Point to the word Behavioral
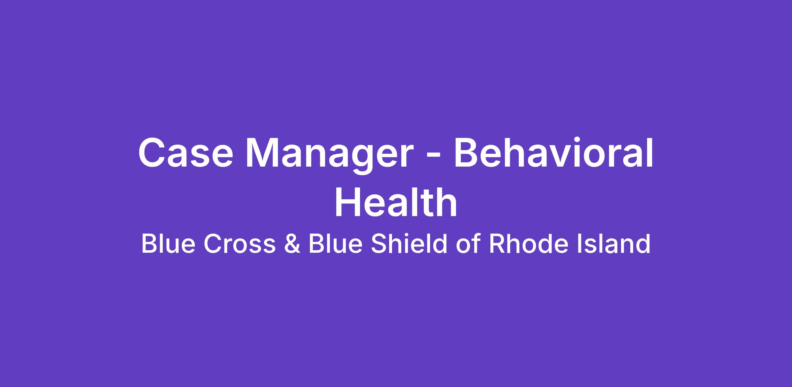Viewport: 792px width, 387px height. click(x=553, y=152)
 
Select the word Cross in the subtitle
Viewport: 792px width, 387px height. click(x=240, y=244)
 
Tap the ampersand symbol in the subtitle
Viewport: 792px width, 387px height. click(x=292, y=244)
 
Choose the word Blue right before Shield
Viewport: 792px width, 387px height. click(x=335, y=244)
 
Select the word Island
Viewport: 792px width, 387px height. click(x=613, y=244)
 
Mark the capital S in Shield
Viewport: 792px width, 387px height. click(x=379, y=244)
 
